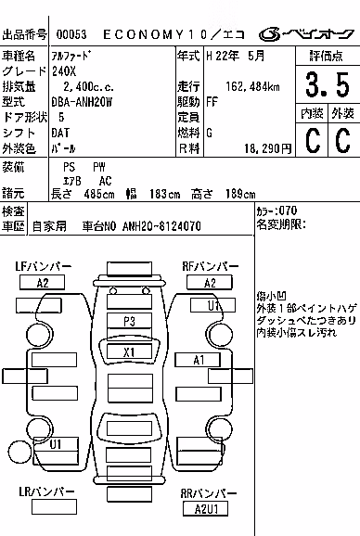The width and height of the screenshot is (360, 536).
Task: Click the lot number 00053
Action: click(x=71, y=34)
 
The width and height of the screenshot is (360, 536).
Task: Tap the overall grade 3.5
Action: click(x=328, y=84)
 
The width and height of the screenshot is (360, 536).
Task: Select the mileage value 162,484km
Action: click(x=252, y=87)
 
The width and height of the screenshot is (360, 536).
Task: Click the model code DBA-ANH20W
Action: click(x=82, y=102)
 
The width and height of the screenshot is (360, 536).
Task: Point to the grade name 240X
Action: click(x=64, y=71)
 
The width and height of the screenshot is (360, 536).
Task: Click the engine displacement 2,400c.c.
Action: click(x=88, y=87)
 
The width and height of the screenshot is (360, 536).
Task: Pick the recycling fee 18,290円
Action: click(x=268, y=148)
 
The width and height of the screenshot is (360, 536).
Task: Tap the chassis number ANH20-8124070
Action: click(x=161, y=226)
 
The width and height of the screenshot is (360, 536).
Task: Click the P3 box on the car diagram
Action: click(x=129, y=321)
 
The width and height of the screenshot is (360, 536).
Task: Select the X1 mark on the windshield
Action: click(x=129, y=351)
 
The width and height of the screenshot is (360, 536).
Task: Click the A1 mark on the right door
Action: click(x=198, y=360)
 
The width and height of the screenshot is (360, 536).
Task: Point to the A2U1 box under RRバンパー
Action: click(x=205, y=509)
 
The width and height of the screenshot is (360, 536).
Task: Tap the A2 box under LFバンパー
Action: click(x=42, y=282)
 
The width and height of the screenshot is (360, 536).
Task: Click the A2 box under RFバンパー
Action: click(x=210, y=282)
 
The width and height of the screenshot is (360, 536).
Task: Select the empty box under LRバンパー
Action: click(x=54, y=506)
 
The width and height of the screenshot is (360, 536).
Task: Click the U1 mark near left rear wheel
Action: click(x=56, y=444)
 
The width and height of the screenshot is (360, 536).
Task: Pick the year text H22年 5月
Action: click(x=236, y=56)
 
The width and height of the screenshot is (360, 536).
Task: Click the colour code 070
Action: click(x=288, y=211)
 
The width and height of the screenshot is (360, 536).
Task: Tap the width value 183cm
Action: click(x=164, y=194)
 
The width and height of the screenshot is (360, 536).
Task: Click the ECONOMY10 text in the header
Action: click(x=155, y=34)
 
